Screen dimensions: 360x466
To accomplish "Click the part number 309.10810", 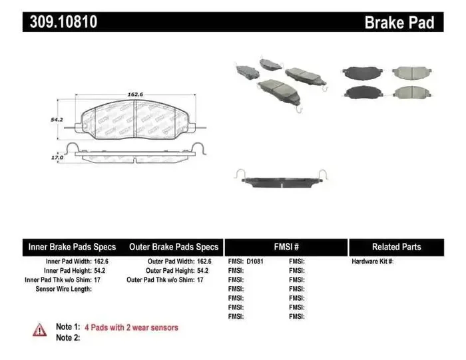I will tap(63, 22).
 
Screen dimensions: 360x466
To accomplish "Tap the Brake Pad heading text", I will tap(399, 23).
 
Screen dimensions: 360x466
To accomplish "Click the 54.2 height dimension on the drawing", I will tap(57, 119).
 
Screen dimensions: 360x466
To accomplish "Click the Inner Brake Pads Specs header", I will tap(72, 247).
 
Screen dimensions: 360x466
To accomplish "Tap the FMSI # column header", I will tap(286, 247).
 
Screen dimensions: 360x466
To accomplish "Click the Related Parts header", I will tap(396, 247).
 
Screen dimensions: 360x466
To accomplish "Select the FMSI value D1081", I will tap(255, 262).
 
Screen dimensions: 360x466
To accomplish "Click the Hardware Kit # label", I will tap(373, 262).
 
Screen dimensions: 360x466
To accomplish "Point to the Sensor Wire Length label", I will tap(64, 289).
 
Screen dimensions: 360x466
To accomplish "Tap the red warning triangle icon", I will tap(40, 329).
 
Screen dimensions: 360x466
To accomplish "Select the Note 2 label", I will tap(68, 338).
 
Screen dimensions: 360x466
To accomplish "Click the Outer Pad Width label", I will tap(170, 262).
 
